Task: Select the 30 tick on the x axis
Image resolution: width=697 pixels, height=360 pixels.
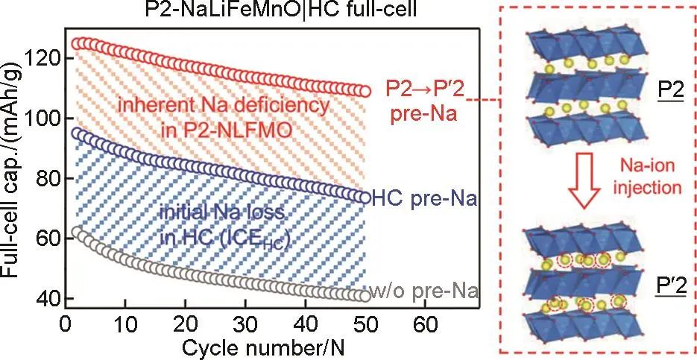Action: pyautogui.click(x=246, y=326)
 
